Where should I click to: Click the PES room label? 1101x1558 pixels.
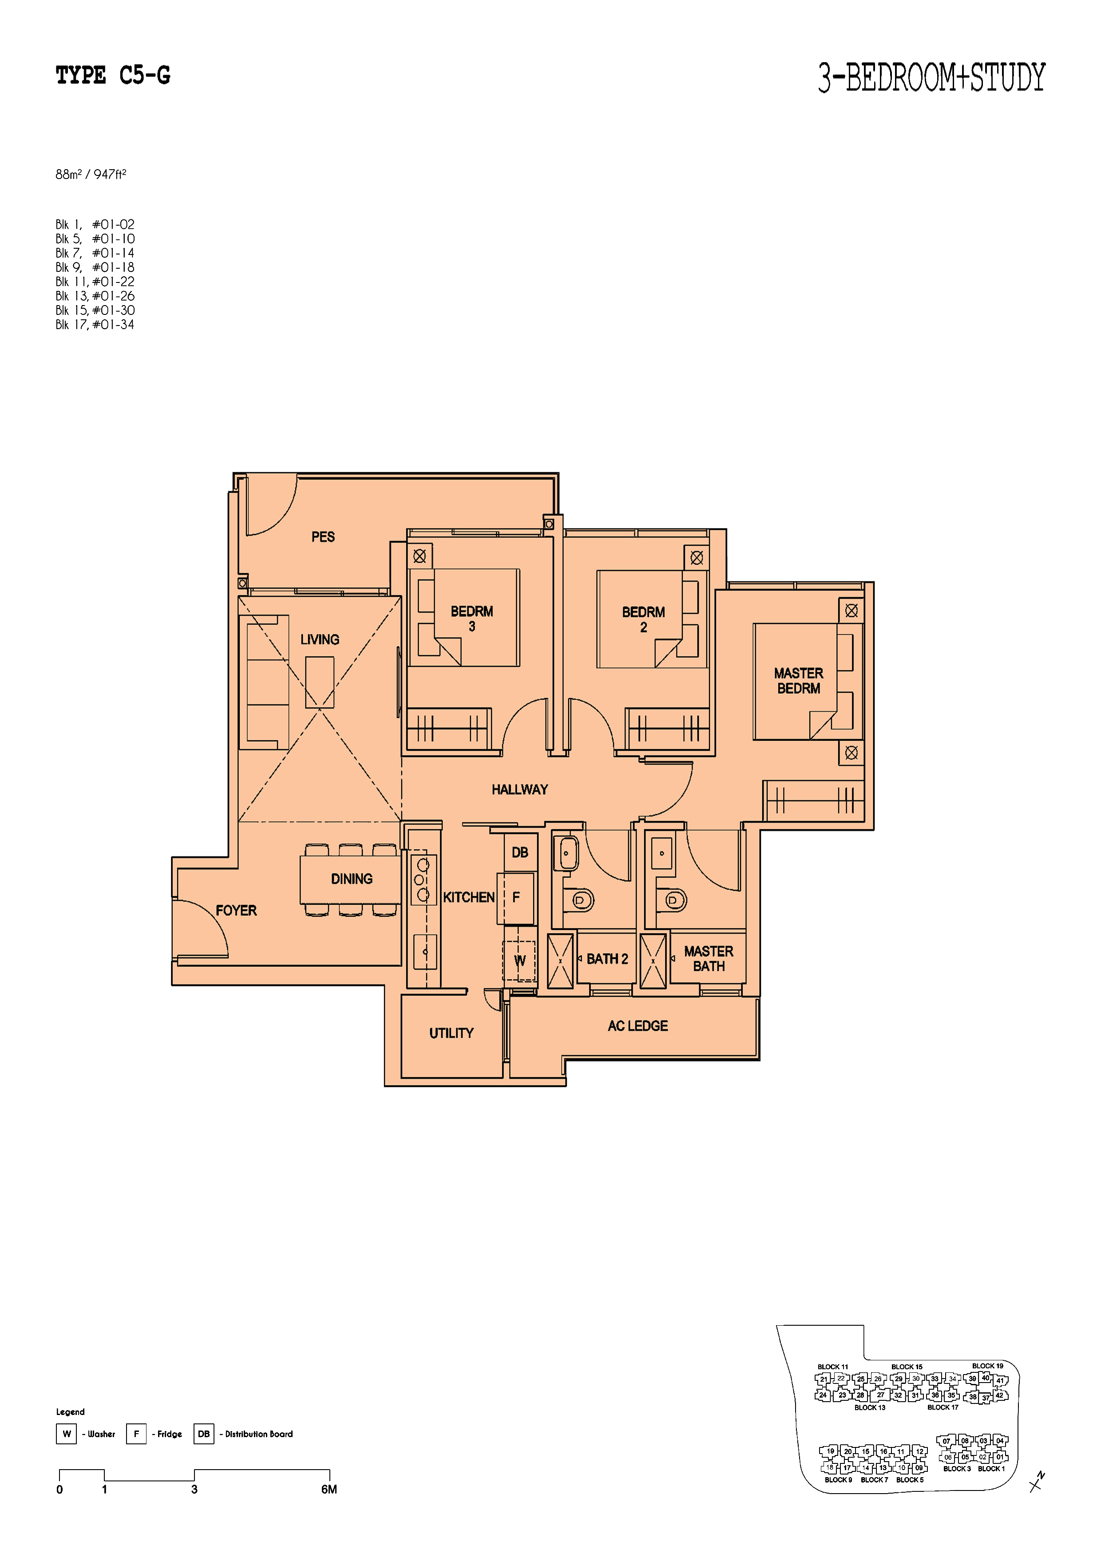click(323, 537)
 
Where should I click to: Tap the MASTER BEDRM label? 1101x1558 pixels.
click(798, 680)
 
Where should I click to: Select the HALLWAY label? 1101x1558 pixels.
click(519, 789)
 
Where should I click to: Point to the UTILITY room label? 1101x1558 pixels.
click(451, 1033)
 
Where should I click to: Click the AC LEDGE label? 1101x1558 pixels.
click(638, 1026)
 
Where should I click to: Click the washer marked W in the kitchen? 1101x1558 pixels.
click(519, 960)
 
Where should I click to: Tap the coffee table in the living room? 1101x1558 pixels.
click(320, 683)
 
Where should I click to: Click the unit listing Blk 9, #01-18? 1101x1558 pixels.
click(95, 267)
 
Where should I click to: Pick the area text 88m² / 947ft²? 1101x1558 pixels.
click(91, 175)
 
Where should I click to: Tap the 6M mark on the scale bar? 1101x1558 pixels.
click(329, 1489)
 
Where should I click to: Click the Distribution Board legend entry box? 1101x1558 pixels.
click(203, 1434)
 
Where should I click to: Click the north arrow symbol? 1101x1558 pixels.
click(1037, 1482)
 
